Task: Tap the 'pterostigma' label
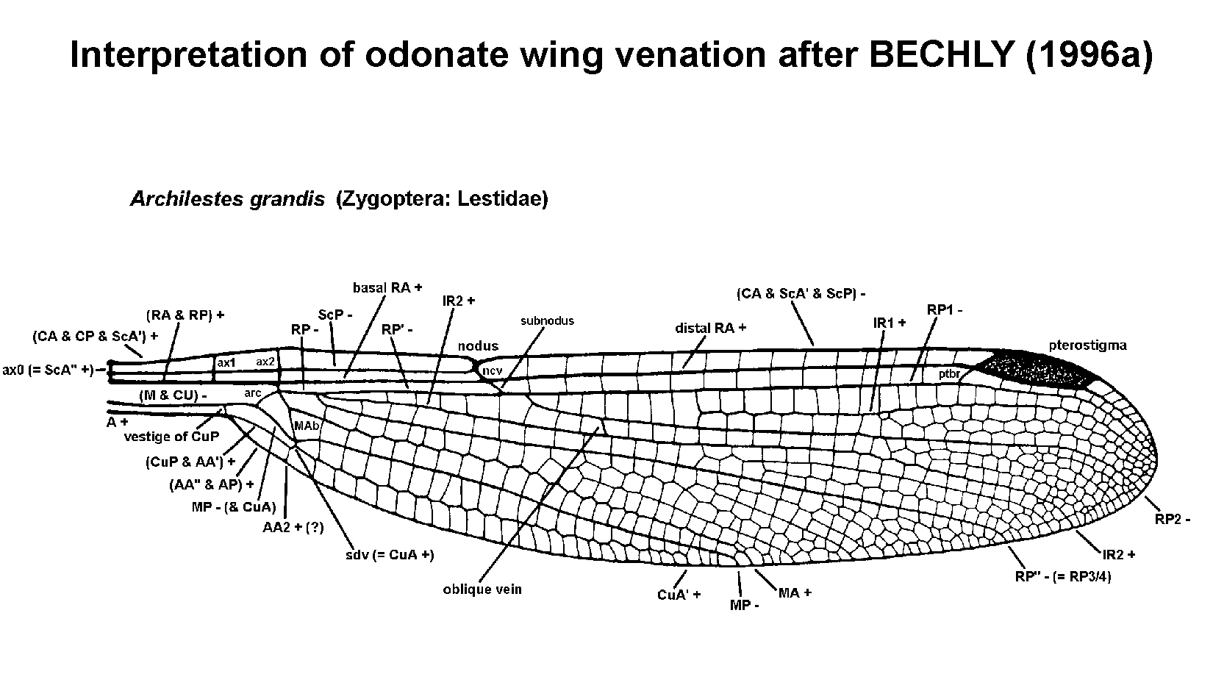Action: pyautogui.click(x=1087, y=345)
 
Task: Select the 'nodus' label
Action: pyautogui.click(x=478, y=346)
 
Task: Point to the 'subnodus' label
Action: pyautogui.click(x=547, y=320)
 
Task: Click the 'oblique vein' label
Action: pyautogui.click(x=482, y=589)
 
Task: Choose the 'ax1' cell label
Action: pyautogui.click(x=225, y=362)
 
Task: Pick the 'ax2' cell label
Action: pyautogui.click(x=265, y=362)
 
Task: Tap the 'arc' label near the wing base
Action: pyautogui.click(x=253, y=393)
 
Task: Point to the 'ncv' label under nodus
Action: pyautogui.click(x=491, y=371)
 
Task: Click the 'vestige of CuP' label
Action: pyautogui.click(x=171, y=437)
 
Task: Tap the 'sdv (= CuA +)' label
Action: pyautogui.click(x=390, y=554)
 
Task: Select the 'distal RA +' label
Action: pyautogui.click(x=710, y=328)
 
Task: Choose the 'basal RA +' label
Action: pyautogui.click(x=387, y=287)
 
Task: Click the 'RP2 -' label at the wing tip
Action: pyautogui.click(x=1172, y=519)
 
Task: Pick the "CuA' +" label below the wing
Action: pyautogui.click(x=679, y=594)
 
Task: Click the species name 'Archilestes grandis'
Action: pyautogui.click(x=227, y=199)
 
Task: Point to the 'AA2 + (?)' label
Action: pyautogui.click(x=293, y=527)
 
